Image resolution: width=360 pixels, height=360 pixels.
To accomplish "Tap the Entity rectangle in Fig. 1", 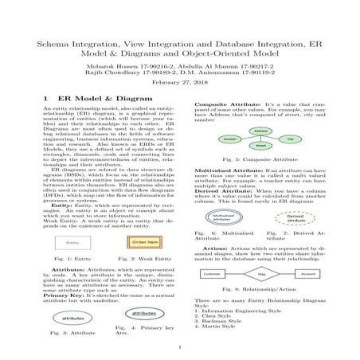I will (x=72, y=242).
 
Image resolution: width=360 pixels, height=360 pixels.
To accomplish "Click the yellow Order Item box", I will (x=140, y=241).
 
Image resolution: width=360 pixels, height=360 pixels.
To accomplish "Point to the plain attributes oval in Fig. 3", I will (x=74, y=316).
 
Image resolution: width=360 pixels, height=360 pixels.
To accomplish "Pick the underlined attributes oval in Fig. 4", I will (x=141, y=311).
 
